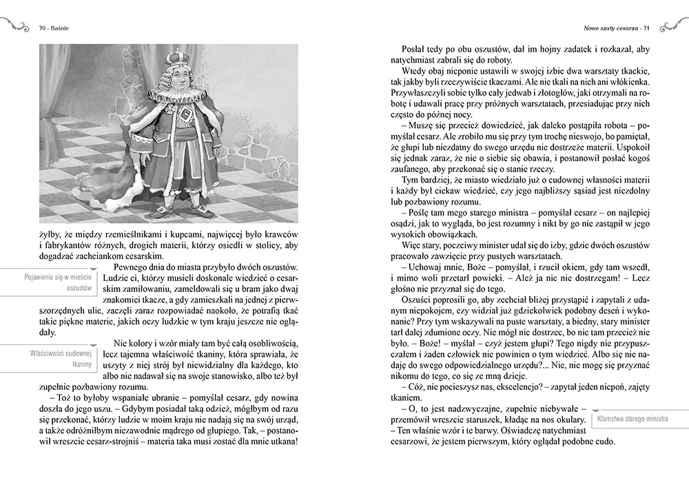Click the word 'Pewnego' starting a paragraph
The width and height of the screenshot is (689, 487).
pyautogui.click(x=132, y=267)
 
